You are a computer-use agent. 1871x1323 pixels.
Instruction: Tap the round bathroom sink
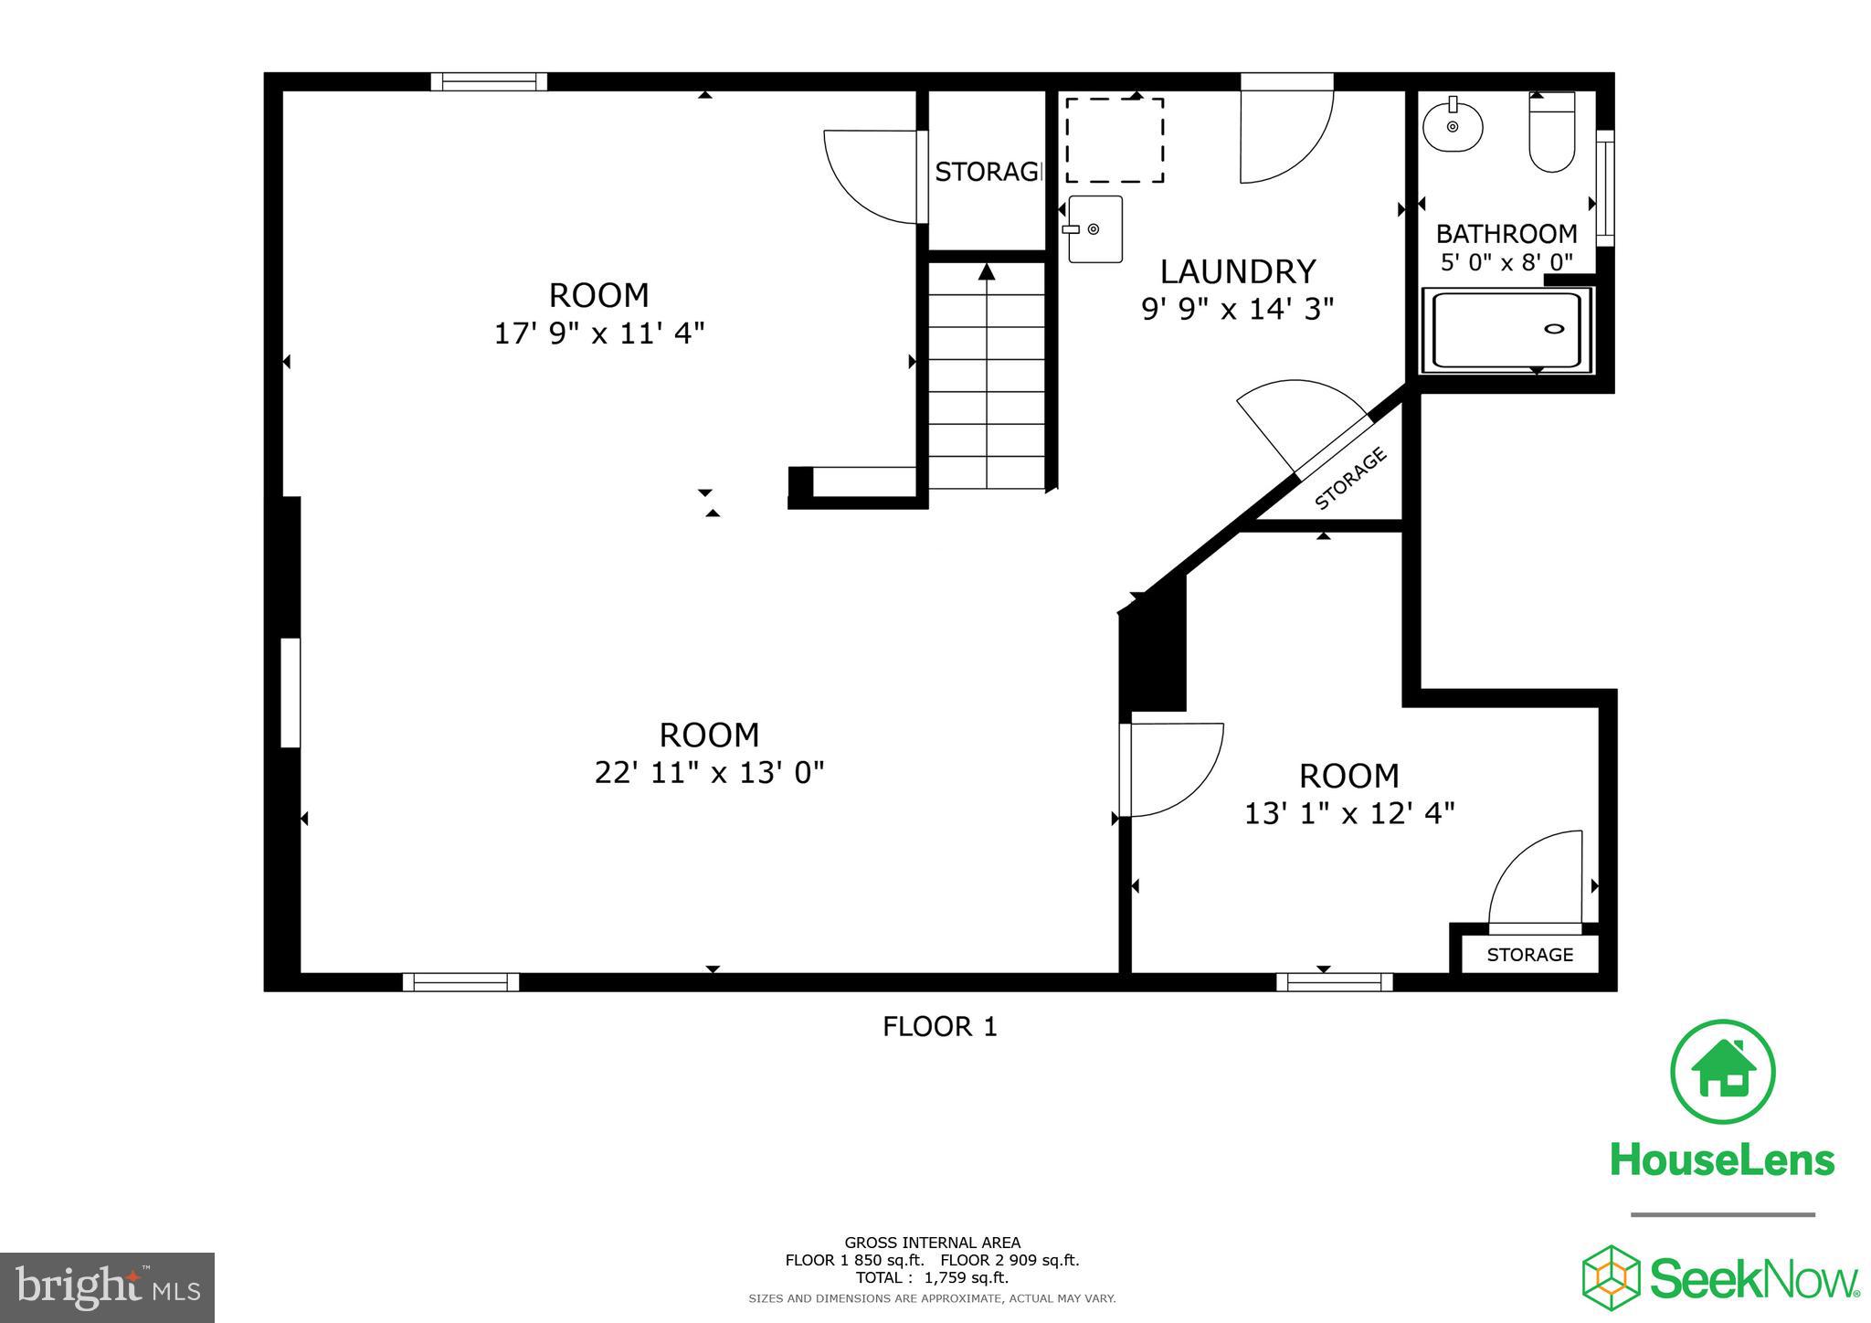(x=1452, y=127)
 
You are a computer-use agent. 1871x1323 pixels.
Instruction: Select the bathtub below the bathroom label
(x=1506, y=330)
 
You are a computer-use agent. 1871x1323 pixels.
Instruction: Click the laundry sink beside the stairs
(x=1094, y=229)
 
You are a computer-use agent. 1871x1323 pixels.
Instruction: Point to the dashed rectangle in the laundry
(x=1114, y=140)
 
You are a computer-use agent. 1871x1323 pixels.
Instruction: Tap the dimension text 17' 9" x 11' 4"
(x=599, y=333)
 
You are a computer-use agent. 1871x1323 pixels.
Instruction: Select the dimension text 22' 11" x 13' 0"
(x=709, y=773)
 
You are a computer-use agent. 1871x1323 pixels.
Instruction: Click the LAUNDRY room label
(x=1237, y=271)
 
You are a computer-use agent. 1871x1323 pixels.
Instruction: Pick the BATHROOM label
(x=1506, y=233)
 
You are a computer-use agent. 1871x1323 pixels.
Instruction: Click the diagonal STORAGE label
(x=1350, y=479)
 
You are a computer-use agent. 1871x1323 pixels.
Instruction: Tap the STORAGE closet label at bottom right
(x=1529, y=955)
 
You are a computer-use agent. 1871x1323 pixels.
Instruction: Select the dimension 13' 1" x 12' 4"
(x=1348, y=813)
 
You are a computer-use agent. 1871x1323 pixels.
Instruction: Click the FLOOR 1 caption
(x=939, y=1027)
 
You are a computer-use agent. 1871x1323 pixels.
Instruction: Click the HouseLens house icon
(x=1722, y=1072)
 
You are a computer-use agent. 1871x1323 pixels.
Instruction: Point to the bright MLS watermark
(x=107, y=1287)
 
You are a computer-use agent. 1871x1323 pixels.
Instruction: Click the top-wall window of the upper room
(x=489, y=82)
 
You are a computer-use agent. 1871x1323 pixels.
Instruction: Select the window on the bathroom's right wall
(x=1604, y=188)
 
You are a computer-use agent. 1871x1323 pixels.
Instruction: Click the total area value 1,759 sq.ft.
(x=967, y=1278)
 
